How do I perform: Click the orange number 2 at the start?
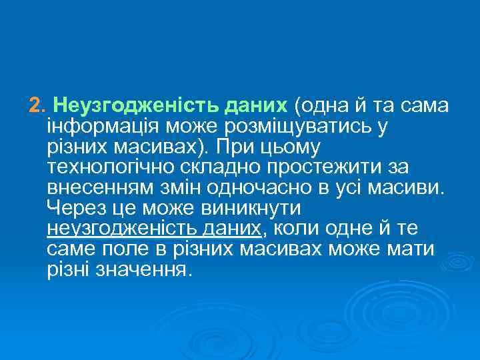point(35,105)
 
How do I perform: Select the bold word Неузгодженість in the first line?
point(110,105)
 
